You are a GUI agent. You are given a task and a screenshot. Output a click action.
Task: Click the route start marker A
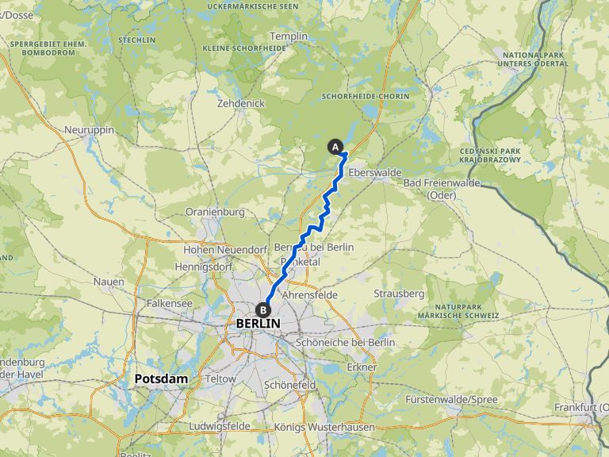(335, 147)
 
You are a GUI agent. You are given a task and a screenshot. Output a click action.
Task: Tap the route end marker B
(262, 310)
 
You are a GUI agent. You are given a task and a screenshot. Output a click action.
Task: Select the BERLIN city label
(259, 324)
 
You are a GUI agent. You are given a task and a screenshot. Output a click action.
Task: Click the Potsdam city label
(161, 378)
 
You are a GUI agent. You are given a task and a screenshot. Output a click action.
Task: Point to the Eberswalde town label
(375, 172)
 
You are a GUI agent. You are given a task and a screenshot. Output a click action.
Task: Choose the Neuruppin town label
(90, 129)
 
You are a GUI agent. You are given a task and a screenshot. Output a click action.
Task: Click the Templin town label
(287, 36)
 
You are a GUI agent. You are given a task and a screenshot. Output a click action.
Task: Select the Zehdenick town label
(240, 104)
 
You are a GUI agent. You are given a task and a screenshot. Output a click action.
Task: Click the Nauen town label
(109, 282)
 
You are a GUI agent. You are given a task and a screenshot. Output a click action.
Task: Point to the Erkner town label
(361, 367)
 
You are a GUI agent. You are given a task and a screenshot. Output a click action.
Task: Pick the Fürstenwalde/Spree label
(450, 399)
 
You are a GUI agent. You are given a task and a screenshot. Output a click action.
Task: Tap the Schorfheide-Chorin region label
(366, 96)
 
